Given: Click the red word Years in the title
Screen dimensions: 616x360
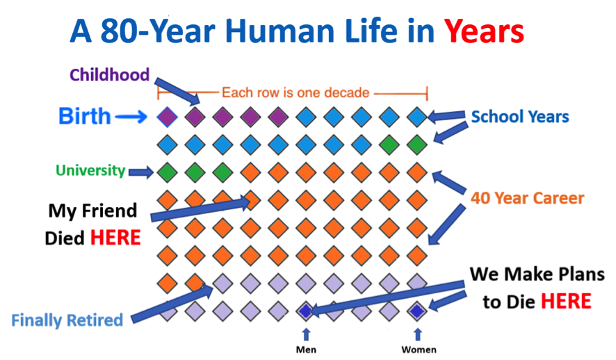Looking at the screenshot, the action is pos(484,31).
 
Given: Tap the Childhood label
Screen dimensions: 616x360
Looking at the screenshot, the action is pos(110,74).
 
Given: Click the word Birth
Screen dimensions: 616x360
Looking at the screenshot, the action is pos(85,116).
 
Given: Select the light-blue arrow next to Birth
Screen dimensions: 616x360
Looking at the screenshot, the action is pos(131,117).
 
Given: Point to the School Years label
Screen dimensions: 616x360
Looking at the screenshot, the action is pos(520,117).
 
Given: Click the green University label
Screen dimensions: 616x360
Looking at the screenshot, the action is pos(90,170).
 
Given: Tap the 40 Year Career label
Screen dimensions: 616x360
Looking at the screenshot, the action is pos(528,198).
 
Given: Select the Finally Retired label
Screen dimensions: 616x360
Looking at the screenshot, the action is pos(67,320).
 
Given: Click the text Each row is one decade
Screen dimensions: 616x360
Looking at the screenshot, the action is pos(295,92).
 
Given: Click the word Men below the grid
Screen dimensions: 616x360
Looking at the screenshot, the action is pos(306,350).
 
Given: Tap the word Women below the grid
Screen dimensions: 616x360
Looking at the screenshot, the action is pos(419,350).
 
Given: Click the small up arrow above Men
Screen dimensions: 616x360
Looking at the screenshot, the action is pos(306,335).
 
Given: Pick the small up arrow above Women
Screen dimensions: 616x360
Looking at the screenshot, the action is pos(418,335).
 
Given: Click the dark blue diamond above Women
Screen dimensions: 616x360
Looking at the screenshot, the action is pos(417,311).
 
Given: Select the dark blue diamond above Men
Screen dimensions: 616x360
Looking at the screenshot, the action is pos(306,311).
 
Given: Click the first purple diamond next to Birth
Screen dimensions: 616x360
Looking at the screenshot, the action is pos(167,117).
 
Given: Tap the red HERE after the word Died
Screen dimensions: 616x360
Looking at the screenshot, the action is pos(115,238).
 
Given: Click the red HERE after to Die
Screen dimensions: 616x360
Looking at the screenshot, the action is pos(566,302).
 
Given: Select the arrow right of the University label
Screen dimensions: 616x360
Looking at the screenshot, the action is pos(141,172).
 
